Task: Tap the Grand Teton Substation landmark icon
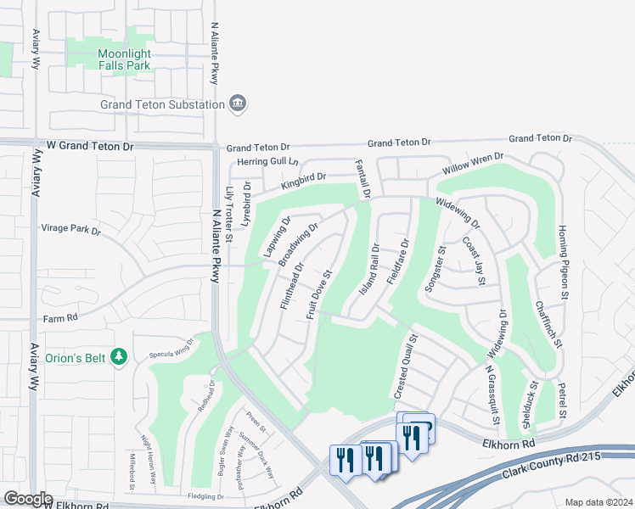coord(238,103)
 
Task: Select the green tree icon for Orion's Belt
coord(121,357)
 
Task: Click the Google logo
coord(28,499)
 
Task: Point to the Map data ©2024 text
coord(598,502)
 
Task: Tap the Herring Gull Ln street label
coord(267,161)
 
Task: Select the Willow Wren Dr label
coord(472,163)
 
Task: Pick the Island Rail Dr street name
coord(368,269)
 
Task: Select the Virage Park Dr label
coord(70,230)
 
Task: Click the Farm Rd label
coord(61,319)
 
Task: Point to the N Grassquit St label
coord(492,394)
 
